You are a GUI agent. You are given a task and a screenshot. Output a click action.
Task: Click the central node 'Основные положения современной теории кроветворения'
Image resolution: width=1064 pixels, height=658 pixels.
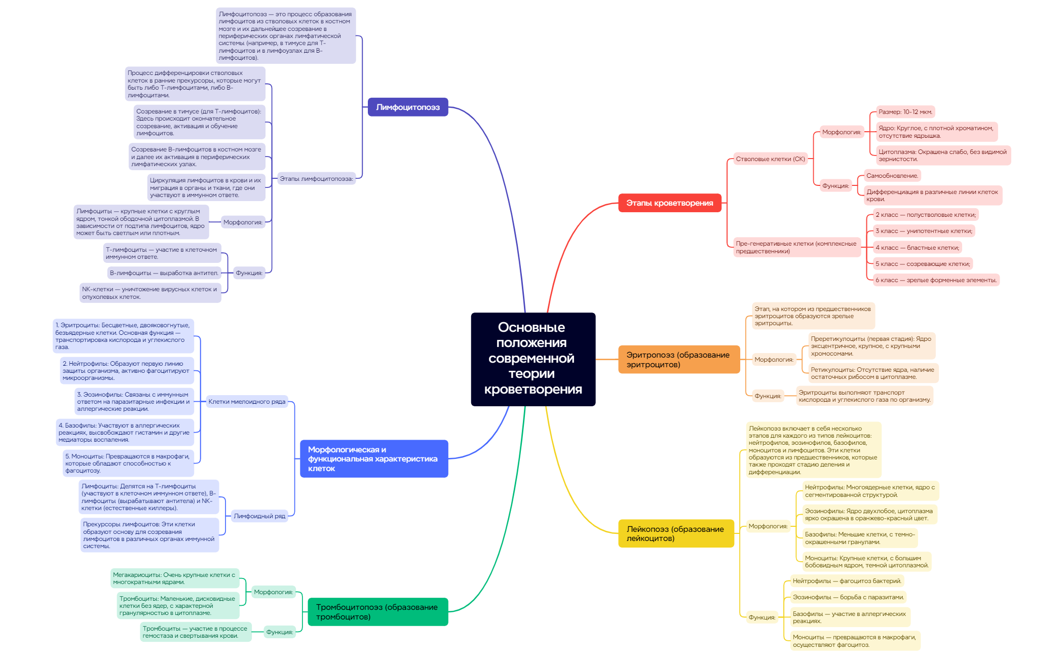click(x=533, y=359)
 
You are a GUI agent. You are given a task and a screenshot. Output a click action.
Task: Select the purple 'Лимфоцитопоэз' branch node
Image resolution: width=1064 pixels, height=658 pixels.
click(x=407, y=107)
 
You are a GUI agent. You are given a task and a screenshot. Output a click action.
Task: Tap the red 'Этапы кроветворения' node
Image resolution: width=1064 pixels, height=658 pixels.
click(x=669, y=203)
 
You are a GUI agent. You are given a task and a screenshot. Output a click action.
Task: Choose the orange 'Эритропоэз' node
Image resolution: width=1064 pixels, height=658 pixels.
click(x=678, y=359)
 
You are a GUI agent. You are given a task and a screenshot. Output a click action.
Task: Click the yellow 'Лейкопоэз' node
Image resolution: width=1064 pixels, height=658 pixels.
click(x=675, y=533)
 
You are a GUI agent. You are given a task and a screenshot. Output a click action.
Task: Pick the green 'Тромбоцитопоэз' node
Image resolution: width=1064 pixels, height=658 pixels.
click(x=377, y=611)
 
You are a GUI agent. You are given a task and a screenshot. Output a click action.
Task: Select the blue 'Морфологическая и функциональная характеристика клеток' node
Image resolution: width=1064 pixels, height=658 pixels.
click(x=373, y=458)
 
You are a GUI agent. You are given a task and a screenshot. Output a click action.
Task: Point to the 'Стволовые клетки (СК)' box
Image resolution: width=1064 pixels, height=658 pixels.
click(x=770, y=159)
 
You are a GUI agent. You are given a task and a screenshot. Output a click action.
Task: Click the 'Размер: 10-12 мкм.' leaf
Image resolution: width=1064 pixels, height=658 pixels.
click(x=905, y=112)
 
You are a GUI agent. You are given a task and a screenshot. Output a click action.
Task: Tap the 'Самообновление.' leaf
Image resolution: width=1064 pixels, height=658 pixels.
click(x=892, y=176)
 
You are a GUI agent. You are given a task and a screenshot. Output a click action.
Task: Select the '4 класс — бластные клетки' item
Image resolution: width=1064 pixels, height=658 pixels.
click(x=917, y=248)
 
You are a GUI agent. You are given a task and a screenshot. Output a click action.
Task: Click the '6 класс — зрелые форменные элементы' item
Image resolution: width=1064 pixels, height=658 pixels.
click(x=936, y=280)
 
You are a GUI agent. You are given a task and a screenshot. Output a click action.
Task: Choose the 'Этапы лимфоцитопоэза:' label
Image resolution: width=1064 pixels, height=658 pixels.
click(x=316, y=179)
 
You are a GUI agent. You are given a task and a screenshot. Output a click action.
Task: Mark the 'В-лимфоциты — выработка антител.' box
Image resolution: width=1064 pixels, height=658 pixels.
click(x=164, y=273)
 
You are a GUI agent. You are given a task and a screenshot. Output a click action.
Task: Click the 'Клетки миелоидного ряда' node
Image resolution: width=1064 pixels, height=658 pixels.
click(x=247, y=402)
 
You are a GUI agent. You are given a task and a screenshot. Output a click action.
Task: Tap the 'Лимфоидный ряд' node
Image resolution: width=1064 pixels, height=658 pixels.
click(x=259, y=516)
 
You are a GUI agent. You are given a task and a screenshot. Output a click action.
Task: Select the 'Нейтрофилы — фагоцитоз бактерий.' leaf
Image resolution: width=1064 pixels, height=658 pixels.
click(x=847, y=581)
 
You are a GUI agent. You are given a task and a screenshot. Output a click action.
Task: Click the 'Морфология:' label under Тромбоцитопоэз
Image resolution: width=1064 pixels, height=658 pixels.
click(x=273, y=592)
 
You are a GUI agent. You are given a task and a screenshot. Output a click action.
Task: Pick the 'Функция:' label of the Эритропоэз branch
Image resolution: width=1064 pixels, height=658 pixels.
click(x=768, y=396)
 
